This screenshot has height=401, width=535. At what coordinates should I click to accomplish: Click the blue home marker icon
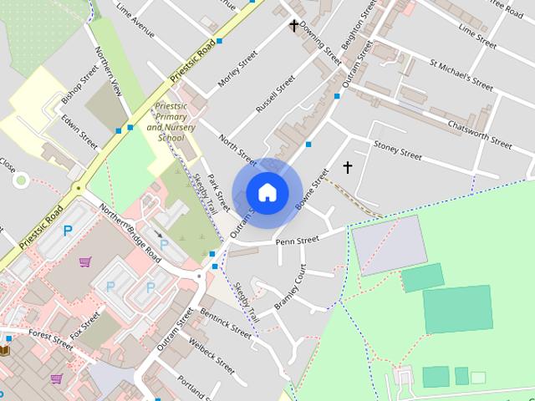267,193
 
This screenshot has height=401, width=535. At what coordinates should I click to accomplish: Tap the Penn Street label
298,241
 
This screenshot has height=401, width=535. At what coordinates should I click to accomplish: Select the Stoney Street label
397,150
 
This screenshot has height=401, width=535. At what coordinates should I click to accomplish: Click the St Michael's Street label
461,73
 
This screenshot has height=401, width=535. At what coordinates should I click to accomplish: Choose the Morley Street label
237,73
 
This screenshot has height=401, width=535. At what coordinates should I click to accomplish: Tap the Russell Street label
275,94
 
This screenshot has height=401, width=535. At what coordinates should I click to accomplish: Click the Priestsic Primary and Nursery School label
171,123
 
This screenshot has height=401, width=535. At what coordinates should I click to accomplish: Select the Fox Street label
85,325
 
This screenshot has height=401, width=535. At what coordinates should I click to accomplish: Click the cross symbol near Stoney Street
348,168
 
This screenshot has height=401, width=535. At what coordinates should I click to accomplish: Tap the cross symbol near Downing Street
294,26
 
